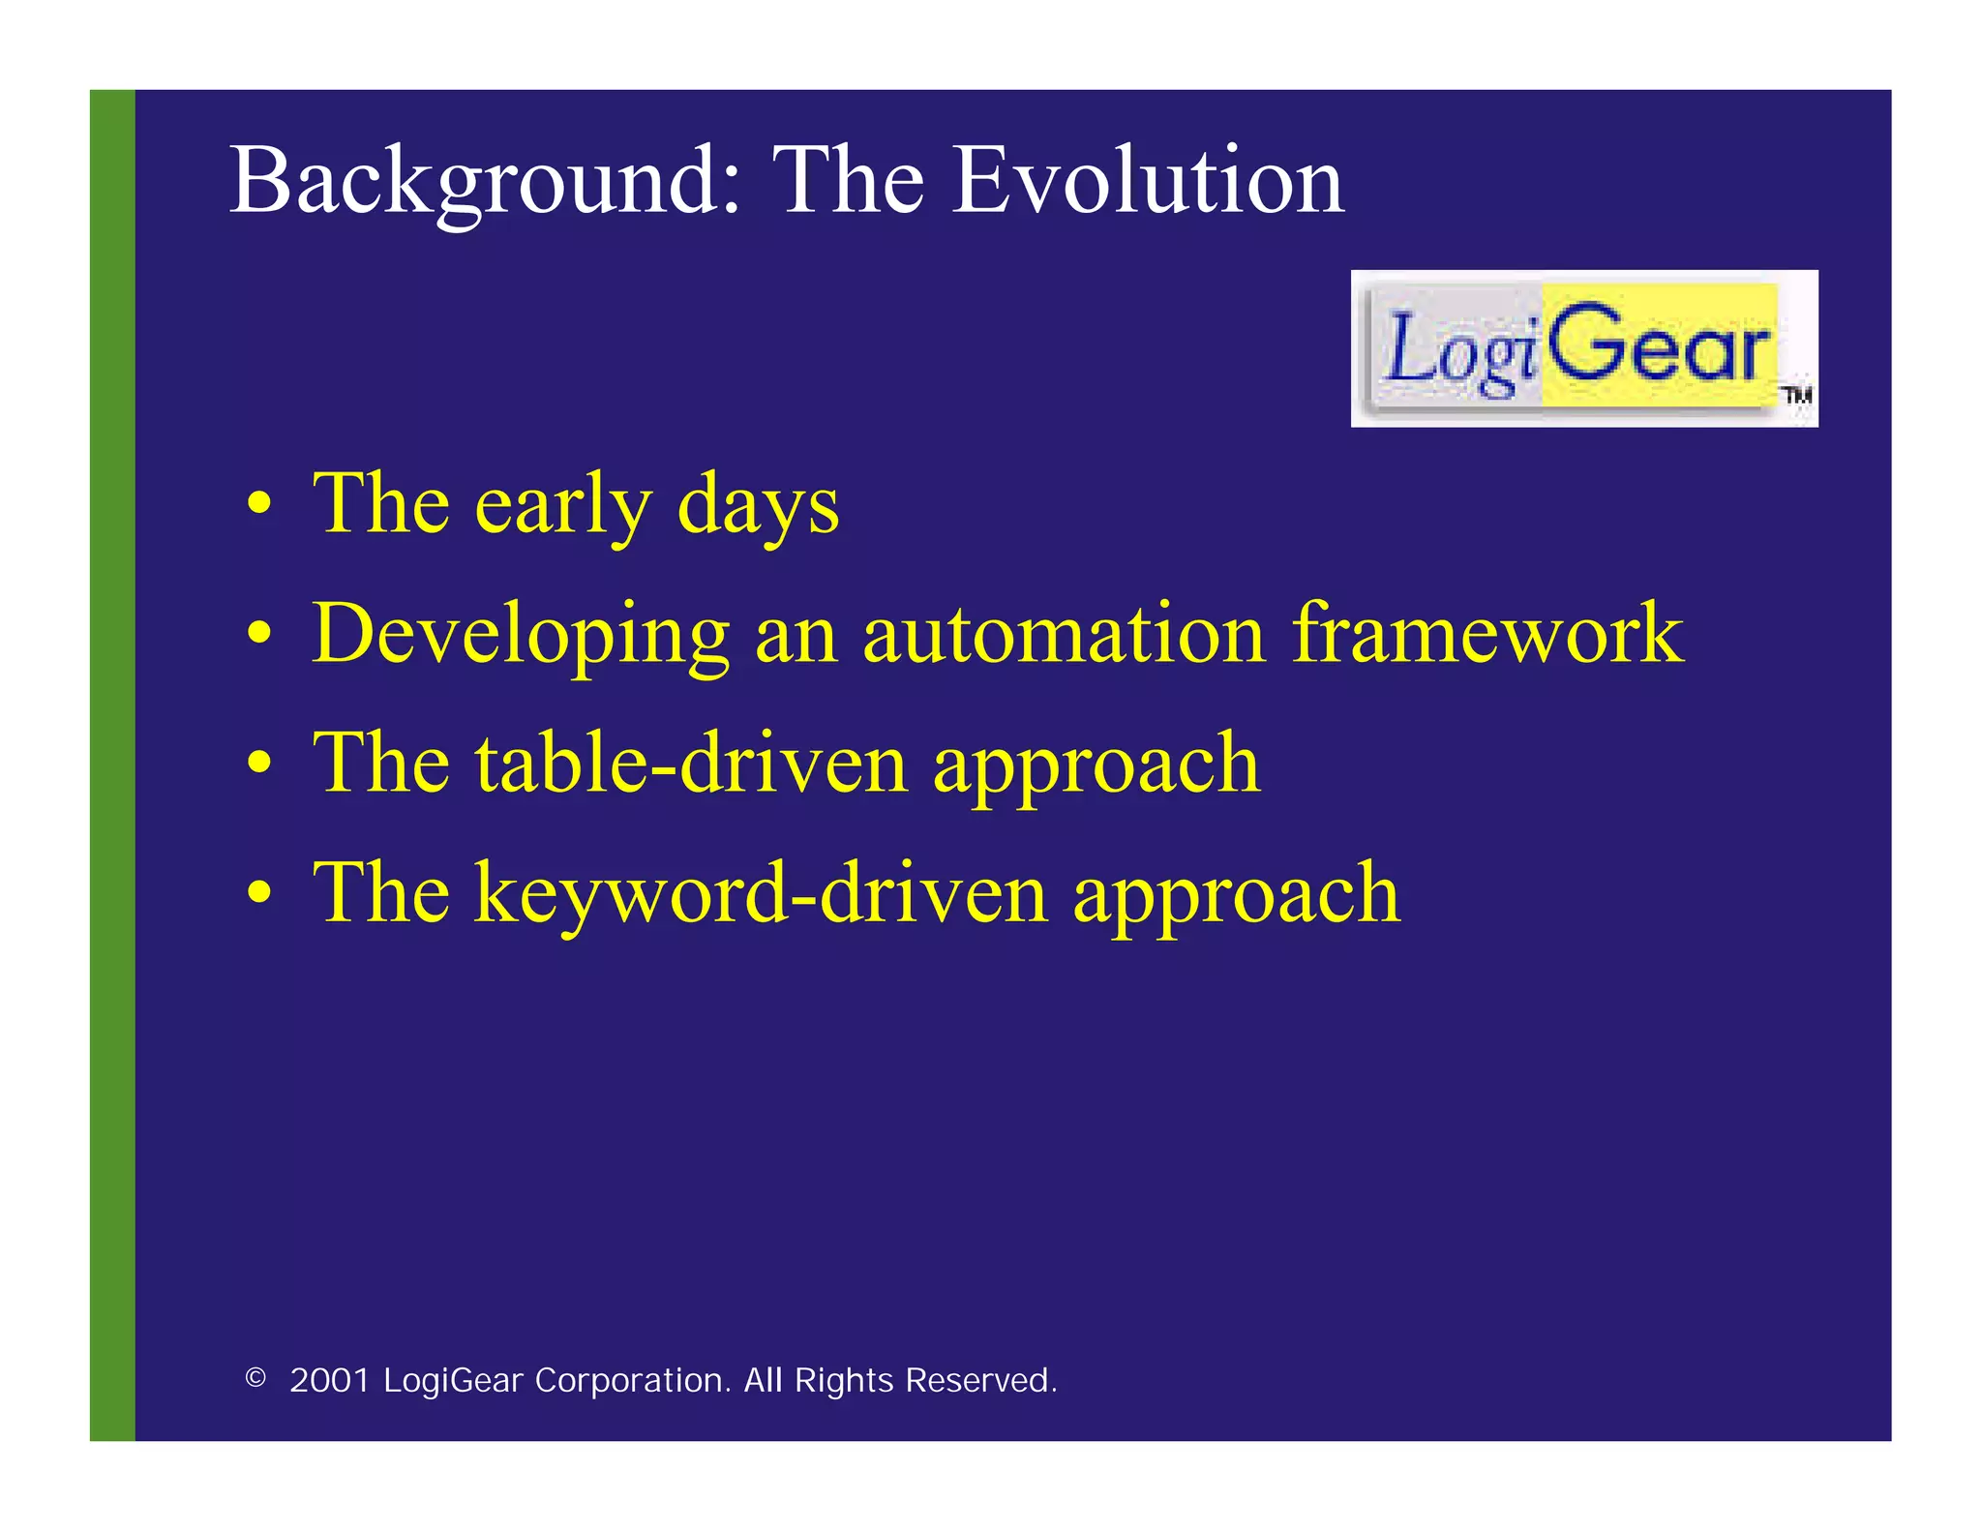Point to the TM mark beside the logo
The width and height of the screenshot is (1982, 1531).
point(1797,395)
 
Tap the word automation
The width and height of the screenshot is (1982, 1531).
point(1063,634)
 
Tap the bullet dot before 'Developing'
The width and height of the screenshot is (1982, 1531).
point(258,634)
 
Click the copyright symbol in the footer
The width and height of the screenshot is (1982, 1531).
point(255,1378)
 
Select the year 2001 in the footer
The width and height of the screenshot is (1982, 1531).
point(330,1380)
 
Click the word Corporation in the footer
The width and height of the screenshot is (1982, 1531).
point(633,1380)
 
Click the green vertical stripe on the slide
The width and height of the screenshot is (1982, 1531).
point(112,765)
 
